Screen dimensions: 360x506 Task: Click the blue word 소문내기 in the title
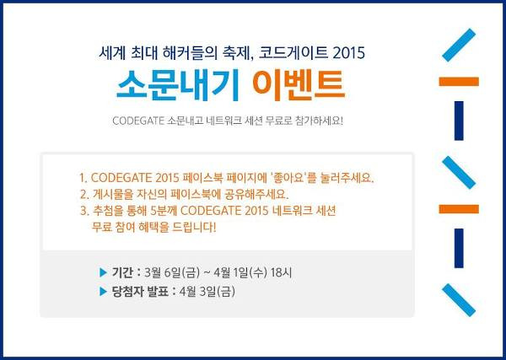tap(170, 85)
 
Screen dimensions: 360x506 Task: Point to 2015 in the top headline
tap(348, 52)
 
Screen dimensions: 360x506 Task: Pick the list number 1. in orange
tap(83, 179)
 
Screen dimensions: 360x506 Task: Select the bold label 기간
tap(124, 272)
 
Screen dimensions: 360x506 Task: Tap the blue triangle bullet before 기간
tap(103, 272)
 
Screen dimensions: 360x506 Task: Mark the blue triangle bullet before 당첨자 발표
tap(103, 292)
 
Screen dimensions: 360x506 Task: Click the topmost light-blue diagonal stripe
tap(460, 43)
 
